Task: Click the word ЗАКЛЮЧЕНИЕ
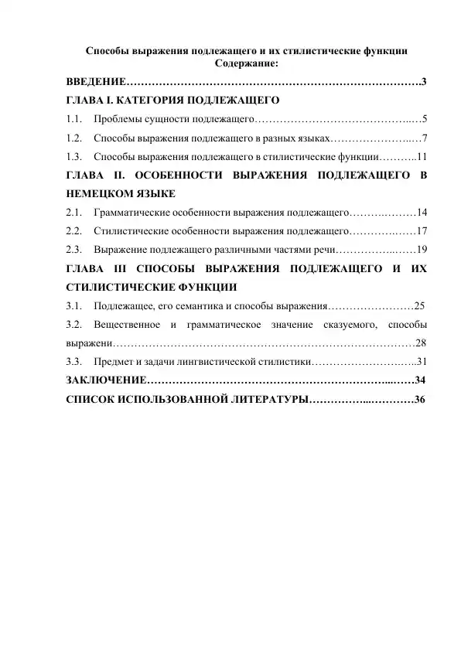106,380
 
